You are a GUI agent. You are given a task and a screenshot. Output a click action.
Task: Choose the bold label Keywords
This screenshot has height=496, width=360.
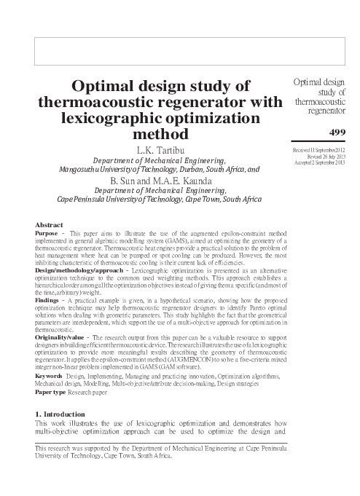pos(50,376)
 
